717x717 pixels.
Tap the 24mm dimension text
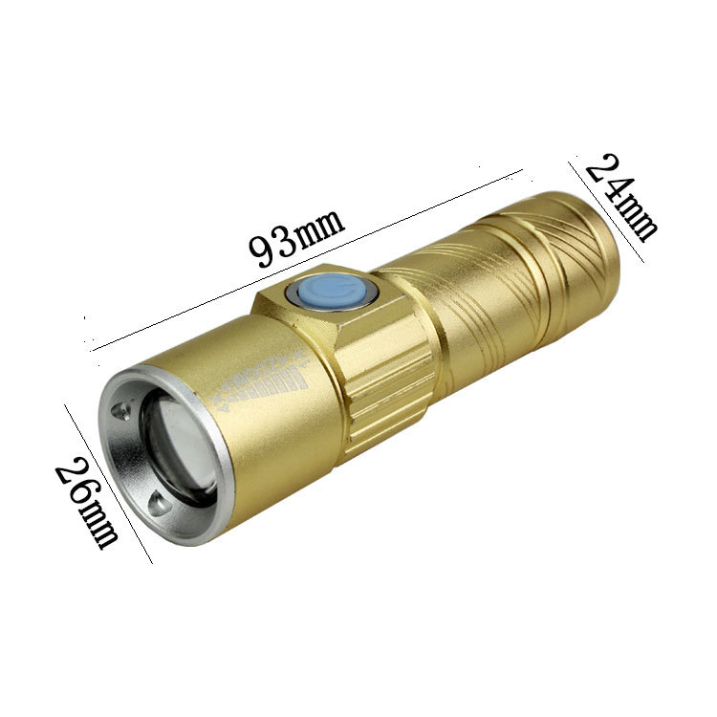[621, 197]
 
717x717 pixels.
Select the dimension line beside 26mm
[107, 483]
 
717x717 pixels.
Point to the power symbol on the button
[332, 290]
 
